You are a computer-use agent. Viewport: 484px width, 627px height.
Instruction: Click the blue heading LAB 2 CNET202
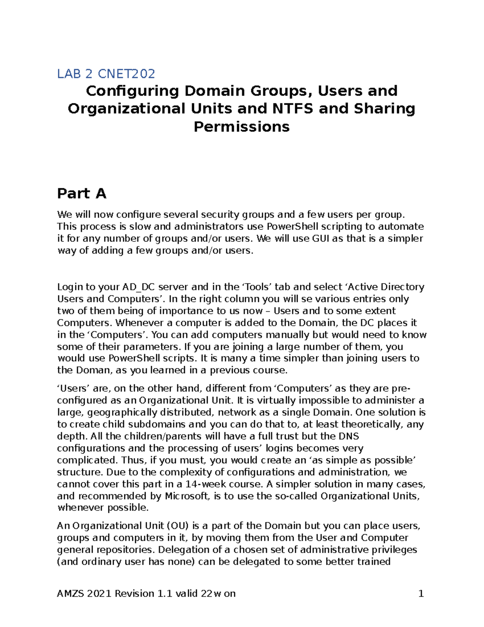(106, 74)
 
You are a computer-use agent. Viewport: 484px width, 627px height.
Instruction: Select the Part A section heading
(81, 193)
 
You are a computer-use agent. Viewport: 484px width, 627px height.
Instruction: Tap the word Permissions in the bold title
(242, 127)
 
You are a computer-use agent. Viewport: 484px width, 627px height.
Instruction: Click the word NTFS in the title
(292, 109)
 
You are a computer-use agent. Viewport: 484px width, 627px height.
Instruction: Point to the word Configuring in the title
(132, 91)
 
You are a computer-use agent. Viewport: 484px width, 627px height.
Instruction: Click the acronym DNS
(348, 436)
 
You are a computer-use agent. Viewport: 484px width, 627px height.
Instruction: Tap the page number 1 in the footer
(421, 593)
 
